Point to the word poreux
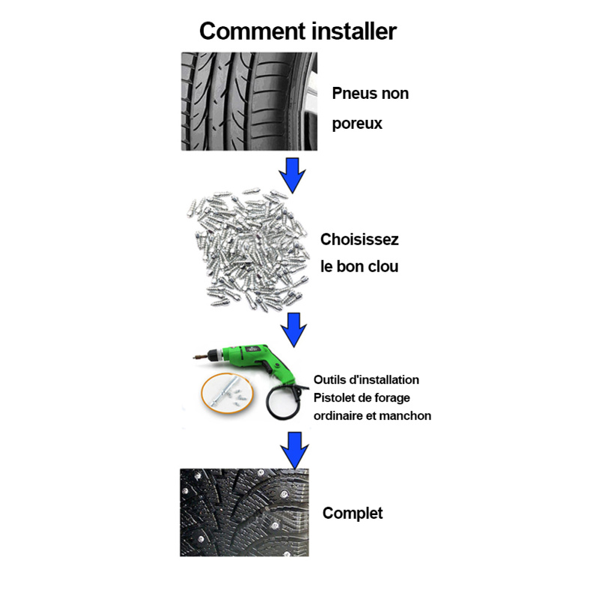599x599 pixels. (357, 124)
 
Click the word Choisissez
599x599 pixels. (359, 240)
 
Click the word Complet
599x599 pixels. (352, 514)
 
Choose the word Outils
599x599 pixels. (328, 380)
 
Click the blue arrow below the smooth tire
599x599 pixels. (292, 175)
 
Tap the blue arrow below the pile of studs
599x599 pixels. (294, 329)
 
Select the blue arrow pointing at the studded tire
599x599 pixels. (294, 451)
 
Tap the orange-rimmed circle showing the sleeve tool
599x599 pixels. (228, 393)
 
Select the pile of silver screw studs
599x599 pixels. (249, 249)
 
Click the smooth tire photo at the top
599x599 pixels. (249, 101)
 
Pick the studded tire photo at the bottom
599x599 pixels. (245, 512)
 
